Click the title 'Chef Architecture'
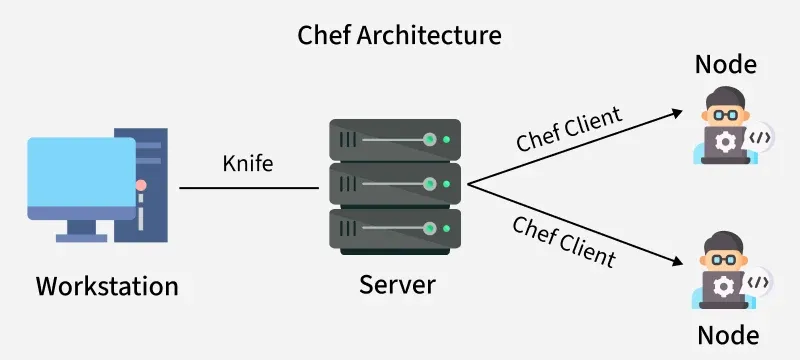400,36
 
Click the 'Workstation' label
107,286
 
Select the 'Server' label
397,284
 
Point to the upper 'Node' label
727,67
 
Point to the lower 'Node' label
727,333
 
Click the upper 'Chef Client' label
569,129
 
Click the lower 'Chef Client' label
563,241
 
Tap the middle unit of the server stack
395,184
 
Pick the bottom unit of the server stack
395,229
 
